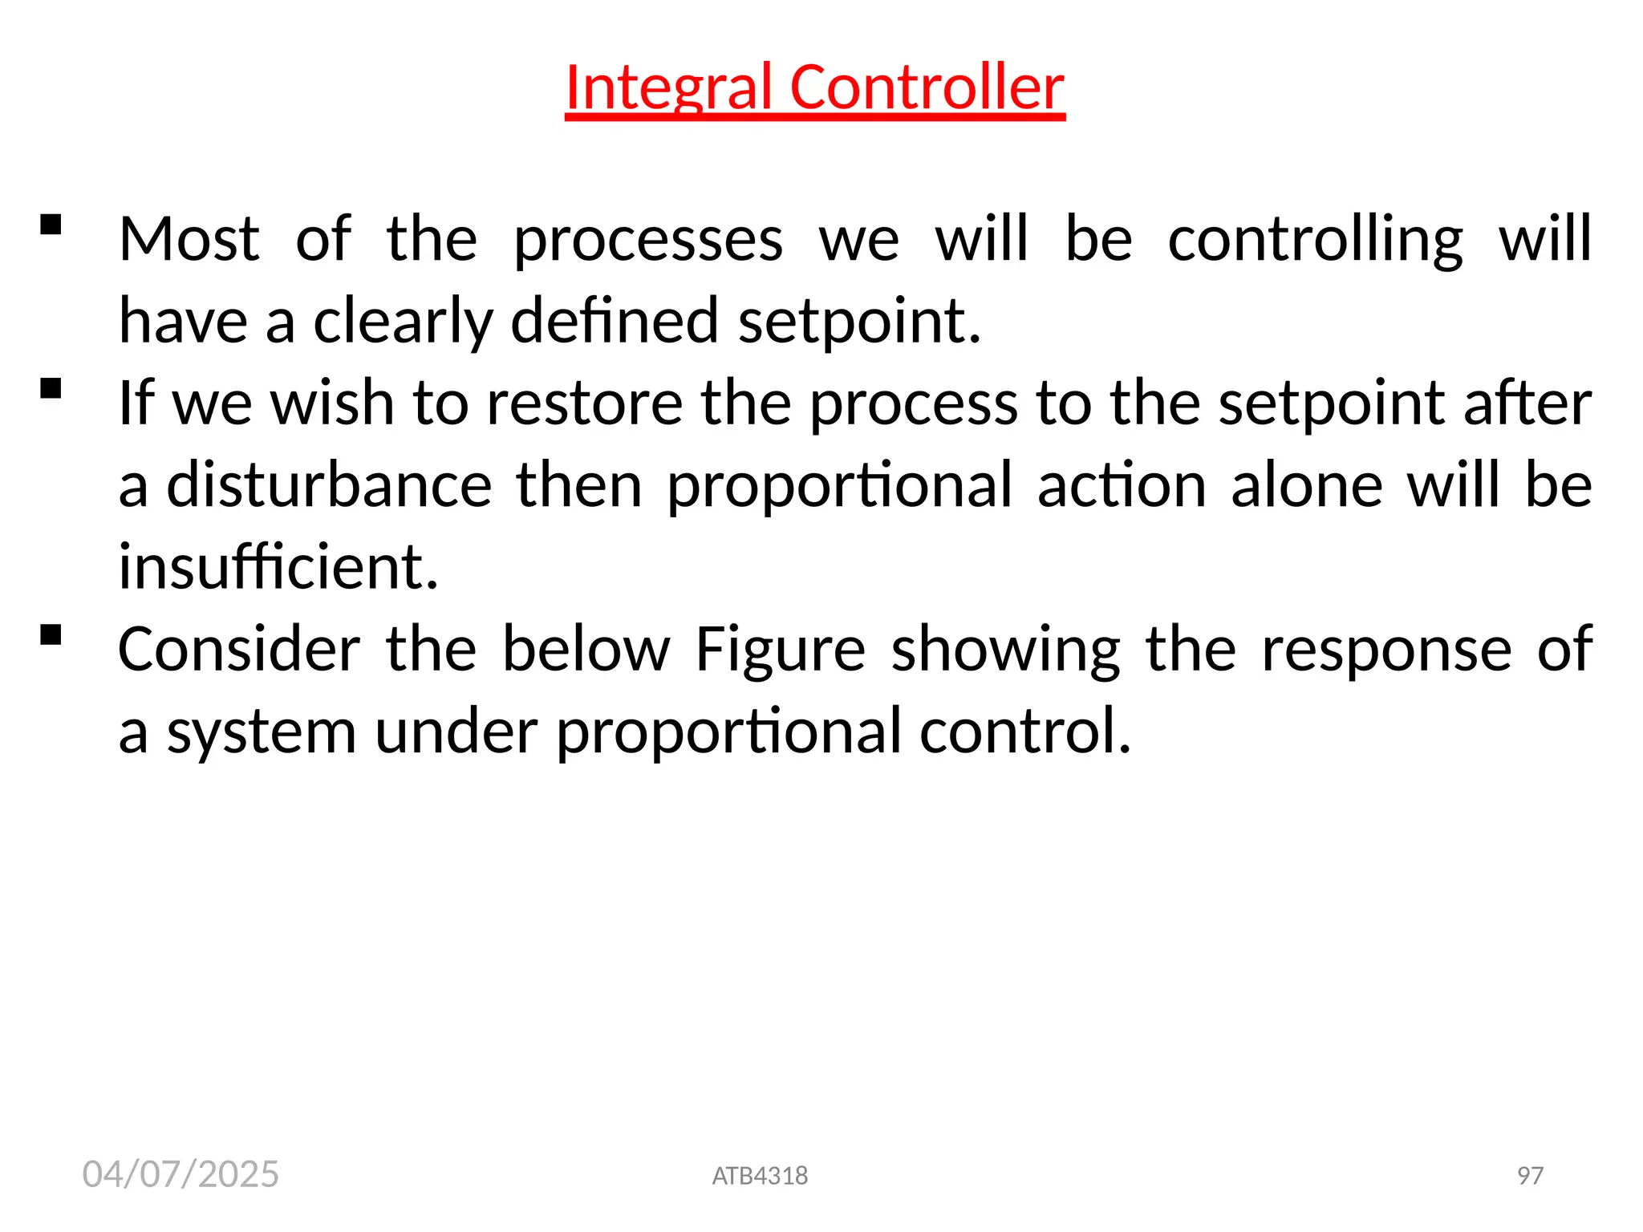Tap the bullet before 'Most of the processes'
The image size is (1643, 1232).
point(51,225)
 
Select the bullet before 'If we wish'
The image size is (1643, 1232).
point(51,389)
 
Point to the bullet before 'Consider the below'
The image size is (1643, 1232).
point(51,635)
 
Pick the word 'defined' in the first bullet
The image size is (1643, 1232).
point(615,321)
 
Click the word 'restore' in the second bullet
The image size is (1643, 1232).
point(584,403)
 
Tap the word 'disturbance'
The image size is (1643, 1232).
point(329,485)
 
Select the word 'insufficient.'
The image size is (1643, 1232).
point(278,567)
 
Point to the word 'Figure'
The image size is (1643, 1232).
point(780,649)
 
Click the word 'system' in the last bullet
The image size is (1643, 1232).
point(261,731)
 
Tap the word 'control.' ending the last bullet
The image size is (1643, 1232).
point(1025,731)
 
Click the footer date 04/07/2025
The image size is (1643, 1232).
point(181,1174)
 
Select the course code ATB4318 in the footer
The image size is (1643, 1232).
point(760,1176)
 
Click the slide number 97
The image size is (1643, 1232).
point(1530,1176)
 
